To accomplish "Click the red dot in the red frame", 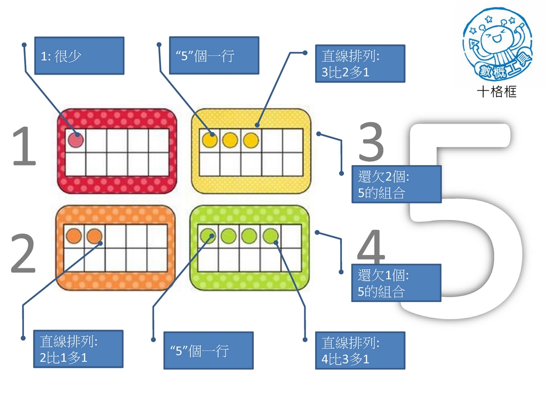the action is pyautogui.click(x=76, y=140).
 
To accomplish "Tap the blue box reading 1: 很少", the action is pyautogui.click(x=79, y=55).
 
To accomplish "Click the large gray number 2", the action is pyautogui.click(x=23, y=253).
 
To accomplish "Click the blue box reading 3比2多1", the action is pyautogui.click(x=360, y=64).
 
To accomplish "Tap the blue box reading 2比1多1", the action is pyautogui.click(x=78, y=349).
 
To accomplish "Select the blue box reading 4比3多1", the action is pyautogui.click(x=360, y=350).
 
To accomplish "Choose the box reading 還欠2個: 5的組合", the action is pyautogui.click(x=397, y=184).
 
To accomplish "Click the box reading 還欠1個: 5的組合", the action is pyautogui.click(x=396, y=283).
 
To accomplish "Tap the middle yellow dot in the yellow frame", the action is pyautogui.click(x=230, y=140).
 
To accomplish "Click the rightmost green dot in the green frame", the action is pyautogui.click(x=270, y=236).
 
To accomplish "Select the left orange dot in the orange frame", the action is pyautogui.click(x=74, y=235).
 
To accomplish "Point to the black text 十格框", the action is pyautogui.click(x=497, y=92).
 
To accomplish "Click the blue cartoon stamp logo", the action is pyautogui.click(x=497, y=44).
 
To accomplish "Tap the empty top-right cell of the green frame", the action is pyautogui.click(x=291, y=236).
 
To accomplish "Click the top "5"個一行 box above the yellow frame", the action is pyautogui.click(x=214, y=55).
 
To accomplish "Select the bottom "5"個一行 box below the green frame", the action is pyautogui.click(x=208, y=350).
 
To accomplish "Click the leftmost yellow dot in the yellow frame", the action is pyautogui.click(x=210, y=140).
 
